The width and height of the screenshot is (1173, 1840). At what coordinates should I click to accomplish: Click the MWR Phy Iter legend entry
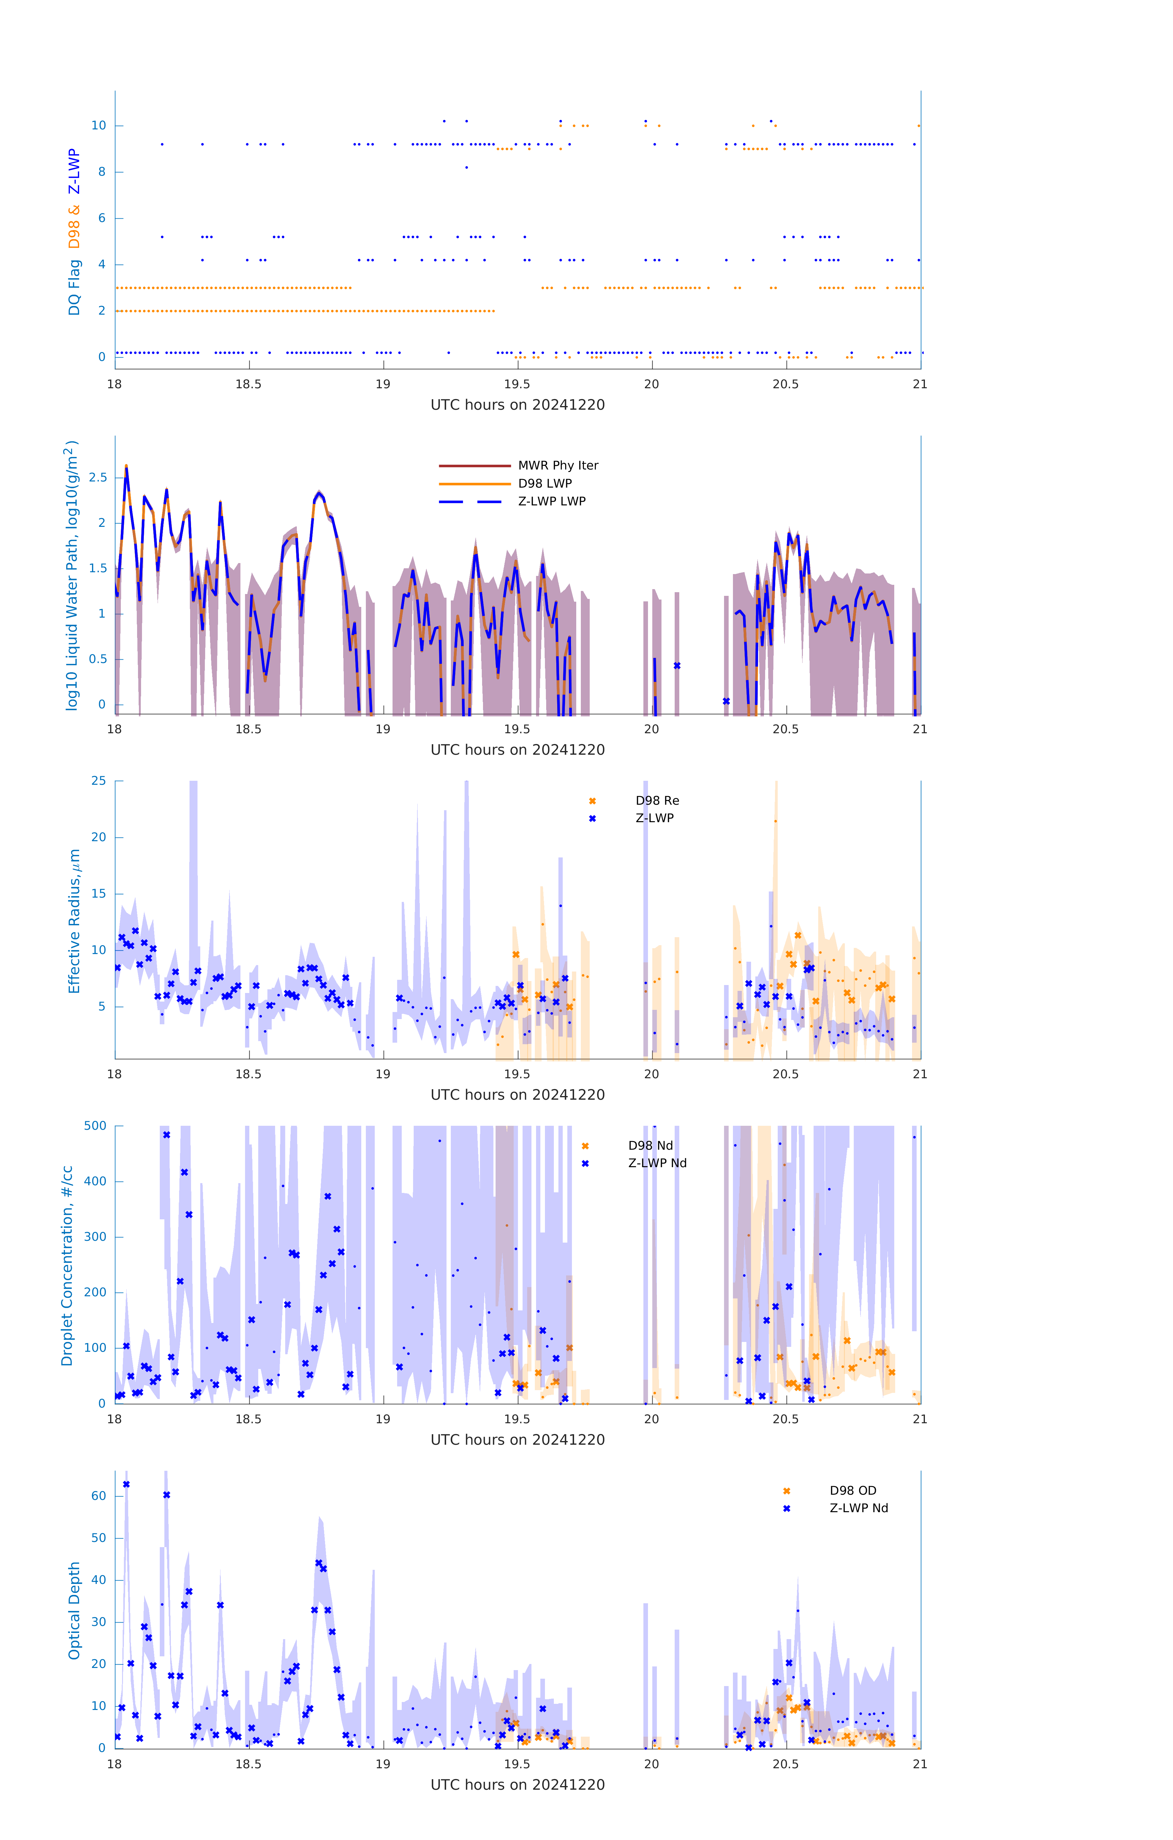(x=557, y=465)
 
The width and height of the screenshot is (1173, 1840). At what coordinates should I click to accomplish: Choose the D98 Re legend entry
(x=657, y=801)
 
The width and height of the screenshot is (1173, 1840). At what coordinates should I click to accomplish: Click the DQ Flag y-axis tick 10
(x=98, y=125)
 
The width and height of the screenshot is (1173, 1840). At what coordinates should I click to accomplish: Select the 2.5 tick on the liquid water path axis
(x=98, y=477)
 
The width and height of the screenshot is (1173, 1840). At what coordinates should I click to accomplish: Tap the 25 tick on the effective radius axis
(x=98, y=781)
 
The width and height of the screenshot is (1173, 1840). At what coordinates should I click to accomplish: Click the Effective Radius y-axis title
(x=74, y=921)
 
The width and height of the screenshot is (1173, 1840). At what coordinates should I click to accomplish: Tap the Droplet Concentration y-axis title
(x=67, y=1265)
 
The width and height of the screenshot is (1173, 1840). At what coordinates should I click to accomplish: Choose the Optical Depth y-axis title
(x=74, y=1611)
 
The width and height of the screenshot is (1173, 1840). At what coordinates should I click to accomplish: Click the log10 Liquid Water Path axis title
(x=71, y=575)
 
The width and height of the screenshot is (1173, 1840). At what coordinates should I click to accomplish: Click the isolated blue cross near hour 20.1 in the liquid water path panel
(x=677, y=665)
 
